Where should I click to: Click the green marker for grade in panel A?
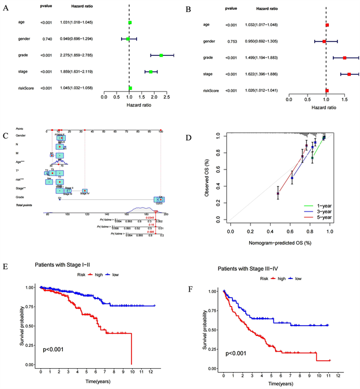[x=162, y=55]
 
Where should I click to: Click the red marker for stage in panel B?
[x=349, y=74]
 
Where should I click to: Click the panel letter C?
[x=5, y=136]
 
